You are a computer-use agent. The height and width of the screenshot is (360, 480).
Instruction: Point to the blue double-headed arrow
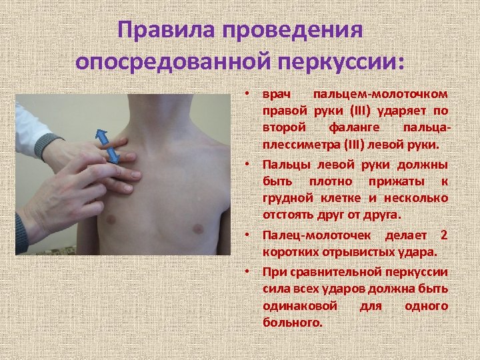[x=109, y=145]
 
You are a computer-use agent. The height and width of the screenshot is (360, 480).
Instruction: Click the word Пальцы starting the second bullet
[x=284, y=165]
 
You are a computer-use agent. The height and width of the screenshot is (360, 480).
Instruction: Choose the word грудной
[x=285, y=198]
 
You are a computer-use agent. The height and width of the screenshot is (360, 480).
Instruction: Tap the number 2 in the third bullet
[x=444, y=236]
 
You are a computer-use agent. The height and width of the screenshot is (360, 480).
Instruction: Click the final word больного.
[x=292, y=322]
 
